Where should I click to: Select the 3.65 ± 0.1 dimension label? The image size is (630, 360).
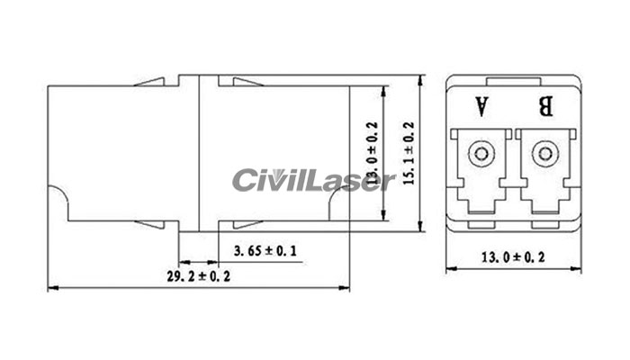[x=265, y=249]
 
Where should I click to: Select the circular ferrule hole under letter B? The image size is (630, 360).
[x=544, y=154]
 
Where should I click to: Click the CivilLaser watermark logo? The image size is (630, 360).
[x=313, y=180]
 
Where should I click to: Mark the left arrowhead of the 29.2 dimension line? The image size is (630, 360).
[x=50, y=289]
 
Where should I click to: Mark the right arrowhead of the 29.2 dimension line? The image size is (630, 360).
[x=345, y=289]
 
